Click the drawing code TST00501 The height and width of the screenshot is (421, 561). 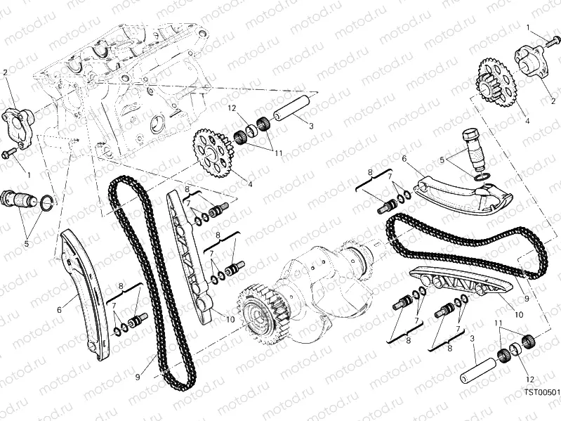pos(542,392)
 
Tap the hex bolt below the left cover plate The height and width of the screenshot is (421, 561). pos(9,153)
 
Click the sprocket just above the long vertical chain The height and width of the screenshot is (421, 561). pos(213,153)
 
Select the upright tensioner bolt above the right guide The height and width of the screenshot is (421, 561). pos(473,150)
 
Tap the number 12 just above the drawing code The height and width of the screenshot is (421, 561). pos(530,380)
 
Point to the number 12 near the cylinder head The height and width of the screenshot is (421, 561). pos(232,108)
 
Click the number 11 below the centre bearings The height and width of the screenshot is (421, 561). pos(279,153)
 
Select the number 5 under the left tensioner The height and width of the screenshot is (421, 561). pos(27,244)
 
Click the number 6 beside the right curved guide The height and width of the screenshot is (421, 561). pos(404,158)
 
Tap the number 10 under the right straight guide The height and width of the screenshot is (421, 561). pos(519,315)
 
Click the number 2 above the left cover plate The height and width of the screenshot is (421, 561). pos(5,72)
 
